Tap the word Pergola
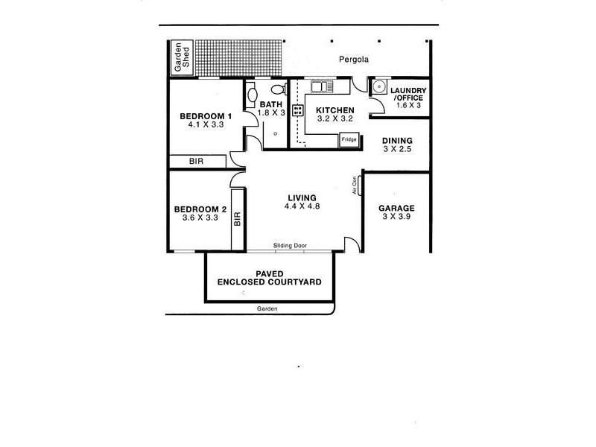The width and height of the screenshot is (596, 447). [x=354, y=60]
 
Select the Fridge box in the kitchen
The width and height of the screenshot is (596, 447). [x=349, y=139]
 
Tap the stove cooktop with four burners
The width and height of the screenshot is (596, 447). [x=297, y=110]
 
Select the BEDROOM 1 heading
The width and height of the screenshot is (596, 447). [x=206, y=116]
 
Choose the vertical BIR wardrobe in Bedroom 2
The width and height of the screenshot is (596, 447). [x=238, y=218]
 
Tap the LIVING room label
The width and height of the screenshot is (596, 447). [x=302, y=197]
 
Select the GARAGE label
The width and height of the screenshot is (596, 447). [x=396, y=208]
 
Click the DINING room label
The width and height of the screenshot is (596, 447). [x=396, y=140]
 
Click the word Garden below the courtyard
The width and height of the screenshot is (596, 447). [x=267, y=308]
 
